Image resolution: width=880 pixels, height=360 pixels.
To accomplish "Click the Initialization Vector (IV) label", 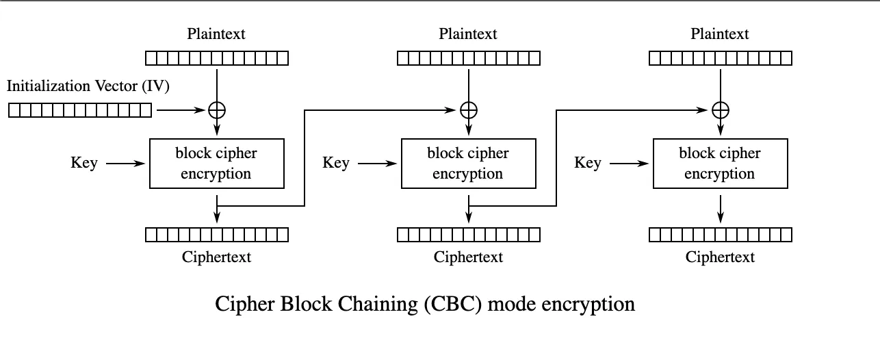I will pyautogui.click(x=88, y=86).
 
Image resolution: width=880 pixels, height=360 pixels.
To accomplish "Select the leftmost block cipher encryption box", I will pyautogui.click(x=216, y=163).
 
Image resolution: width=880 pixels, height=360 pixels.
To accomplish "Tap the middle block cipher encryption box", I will pyautogui.click(x=468, y=163).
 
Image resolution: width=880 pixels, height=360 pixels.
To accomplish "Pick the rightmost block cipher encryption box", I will pyautogui.click(x=720, y=163).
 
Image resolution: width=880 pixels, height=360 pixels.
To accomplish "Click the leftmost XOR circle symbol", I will pyautogui.click(x=217, y=110).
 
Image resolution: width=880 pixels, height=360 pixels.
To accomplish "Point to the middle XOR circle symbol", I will pyautogui.click(x=469, y=110).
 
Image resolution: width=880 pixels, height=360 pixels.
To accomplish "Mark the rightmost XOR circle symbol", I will pyautogui.click(x=721, y=110).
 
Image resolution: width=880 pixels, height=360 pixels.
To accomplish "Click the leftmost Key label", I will pyautogui.click(x=84, y=163).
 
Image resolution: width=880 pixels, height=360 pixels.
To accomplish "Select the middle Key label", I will pyautogui.click(x=336, y=163).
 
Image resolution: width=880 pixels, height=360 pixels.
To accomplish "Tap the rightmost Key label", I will pyautogui.click(x=588, y=163).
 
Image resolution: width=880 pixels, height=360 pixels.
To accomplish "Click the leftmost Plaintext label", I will pyautogui.click(x=216, y=34).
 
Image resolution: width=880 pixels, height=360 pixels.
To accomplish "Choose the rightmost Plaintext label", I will pyautogui.click(x=720, y=34).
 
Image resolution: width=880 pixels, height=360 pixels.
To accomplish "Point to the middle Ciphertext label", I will pyautogui.click(x=468, y=257).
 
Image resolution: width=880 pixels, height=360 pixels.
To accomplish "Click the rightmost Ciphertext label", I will pyautogui.click(x=720, y=257).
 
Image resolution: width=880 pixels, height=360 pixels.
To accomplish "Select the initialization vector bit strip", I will pyautogui.click(x=80, y=110).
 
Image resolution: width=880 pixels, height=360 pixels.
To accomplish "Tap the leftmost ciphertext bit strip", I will pyautogui.click(x=217, y=235).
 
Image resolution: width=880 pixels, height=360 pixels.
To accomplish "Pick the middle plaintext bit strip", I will pyautogui.click(x=469, y=58).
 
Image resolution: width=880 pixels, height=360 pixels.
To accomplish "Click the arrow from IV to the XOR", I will pyautogui.click(x=181, y=110).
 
